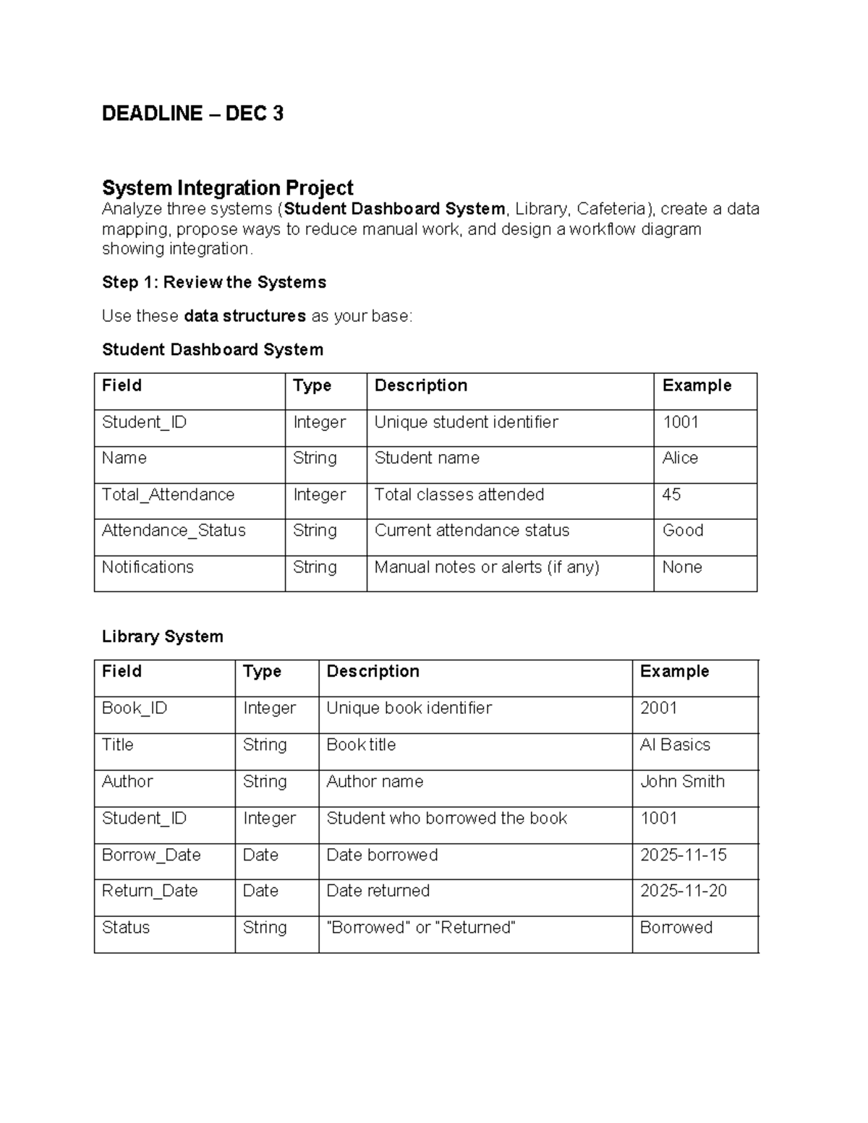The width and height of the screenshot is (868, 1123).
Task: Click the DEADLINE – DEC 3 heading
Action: click(x=192, y=114)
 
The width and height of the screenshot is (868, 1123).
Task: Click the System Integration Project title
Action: click(x=227, y=188)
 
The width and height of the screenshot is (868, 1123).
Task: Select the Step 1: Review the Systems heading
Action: click(x=214, y=282)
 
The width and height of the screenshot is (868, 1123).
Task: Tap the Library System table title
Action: click(x=162, y=636)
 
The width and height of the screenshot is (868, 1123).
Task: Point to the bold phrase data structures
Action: click(x=244, y=316)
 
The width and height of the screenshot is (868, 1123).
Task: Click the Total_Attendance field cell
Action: click(x=168, y=495)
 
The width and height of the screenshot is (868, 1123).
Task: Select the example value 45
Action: click(x=671, y=495)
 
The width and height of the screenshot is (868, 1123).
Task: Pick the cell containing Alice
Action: click(x=680, y=458)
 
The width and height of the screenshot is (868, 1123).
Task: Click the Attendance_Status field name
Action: click(x=174, y=531)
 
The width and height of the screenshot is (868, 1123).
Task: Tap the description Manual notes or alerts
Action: click(x=486, y=567)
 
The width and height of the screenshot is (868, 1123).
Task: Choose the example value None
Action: click(x=681, y=567)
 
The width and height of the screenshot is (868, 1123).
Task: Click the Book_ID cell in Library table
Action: click(x=135, y=708)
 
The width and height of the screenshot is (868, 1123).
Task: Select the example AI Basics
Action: click(x=675, y=745)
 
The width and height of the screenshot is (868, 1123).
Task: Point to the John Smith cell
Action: click(x=682, y=782)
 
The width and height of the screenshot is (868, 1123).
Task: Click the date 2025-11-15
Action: click(x=683, y=855)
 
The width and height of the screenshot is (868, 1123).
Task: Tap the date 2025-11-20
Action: click(x=683, y=891)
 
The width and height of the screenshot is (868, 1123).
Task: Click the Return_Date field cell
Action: click(x=150, y=891)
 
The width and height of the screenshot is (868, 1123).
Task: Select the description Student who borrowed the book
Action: click(x=446, y=818)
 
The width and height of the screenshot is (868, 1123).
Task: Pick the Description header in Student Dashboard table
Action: click(x=420, y=385)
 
